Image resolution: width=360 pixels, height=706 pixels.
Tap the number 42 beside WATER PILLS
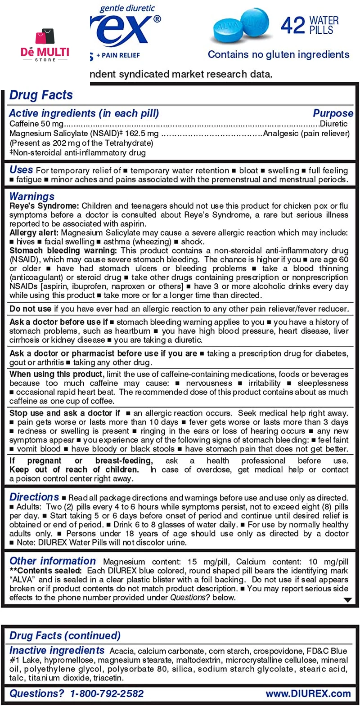tap(292, 25)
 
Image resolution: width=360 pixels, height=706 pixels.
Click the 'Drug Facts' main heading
tap(41, 95)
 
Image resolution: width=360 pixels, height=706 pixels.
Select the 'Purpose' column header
tap(333, 113)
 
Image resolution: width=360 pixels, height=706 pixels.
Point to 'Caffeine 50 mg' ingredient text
tap(36, 124)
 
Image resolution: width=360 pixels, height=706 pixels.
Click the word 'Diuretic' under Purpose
tap(333, 124)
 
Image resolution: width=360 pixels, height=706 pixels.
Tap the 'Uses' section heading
tap(21, 170)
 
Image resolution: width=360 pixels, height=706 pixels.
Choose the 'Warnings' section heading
tap(32, 197)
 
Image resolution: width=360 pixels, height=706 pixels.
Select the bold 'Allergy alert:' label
tap(34, 233)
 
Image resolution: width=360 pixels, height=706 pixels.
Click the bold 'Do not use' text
tap(31, 309)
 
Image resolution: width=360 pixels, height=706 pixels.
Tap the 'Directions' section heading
tap(34, 497)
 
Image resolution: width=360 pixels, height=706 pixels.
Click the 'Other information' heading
tap(53, 561)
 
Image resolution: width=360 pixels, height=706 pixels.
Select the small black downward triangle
tap(347, 600)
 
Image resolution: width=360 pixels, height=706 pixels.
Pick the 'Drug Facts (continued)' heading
tap(65, 636)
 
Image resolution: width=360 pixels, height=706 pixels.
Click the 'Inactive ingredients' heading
tap(57, 650)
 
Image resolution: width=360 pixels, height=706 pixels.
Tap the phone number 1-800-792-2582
tap(107, 694)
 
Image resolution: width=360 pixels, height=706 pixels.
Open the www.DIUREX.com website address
tap(308, 694)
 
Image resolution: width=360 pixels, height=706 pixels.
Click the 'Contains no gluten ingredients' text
tap(279, 55)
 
